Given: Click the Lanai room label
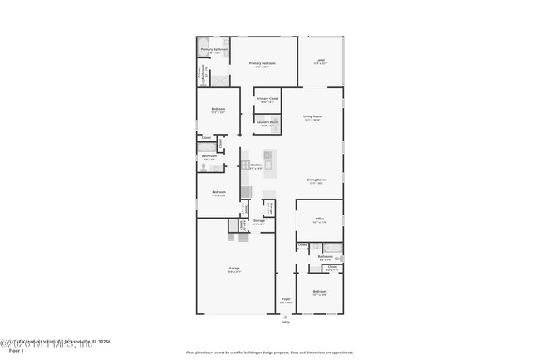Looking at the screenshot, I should click(x=321, y=60).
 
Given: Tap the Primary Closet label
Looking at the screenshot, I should click(x=268, y=99).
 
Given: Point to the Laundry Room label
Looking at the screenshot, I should click(x=268, y=122).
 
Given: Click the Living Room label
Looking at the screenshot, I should click(x=312, y=116).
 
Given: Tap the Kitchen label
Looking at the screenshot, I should click(x=257, y=165).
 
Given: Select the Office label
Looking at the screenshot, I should click(x=319, y=219).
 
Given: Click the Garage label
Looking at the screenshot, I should click(x=234, y=269).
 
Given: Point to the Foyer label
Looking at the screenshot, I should click(x=285, y=301).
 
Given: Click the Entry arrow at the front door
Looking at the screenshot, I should click(x=285, y=317).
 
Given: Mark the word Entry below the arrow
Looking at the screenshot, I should click(x=285, y=323).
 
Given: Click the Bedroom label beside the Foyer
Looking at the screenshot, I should click(x=320, y=291).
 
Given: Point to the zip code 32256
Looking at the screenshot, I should click(x=104, y=342).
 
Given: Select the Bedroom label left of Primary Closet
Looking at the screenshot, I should click(x=218, y=108).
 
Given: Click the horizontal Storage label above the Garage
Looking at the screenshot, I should click(x=258, y=220).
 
